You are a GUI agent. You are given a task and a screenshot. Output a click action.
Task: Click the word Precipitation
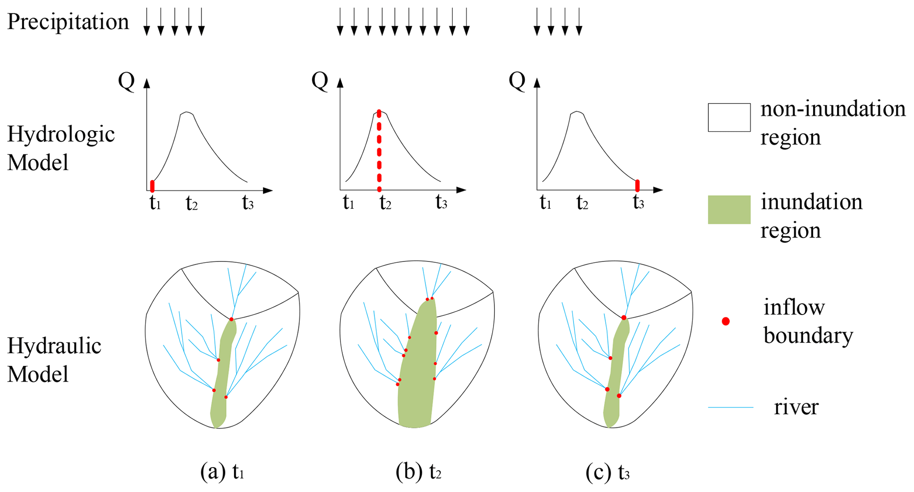[68, 22]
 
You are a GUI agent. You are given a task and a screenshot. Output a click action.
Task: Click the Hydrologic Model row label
[61, 148]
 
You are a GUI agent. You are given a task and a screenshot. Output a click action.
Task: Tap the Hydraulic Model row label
[54, 360]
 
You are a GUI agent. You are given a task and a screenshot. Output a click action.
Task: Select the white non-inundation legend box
[729, 118]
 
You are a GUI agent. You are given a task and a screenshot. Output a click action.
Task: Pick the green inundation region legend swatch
[729, 210]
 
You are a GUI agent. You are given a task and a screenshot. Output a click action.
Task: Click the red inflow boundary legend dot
[726, 322]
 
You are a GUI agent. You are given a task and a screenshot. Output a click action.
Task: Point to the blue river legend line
[730, 407]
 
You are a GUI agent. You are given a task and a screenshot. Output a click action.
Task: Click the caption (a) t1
[222, 472]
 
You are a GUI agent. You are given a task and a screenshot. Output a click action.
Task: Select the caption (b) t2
[418, 472]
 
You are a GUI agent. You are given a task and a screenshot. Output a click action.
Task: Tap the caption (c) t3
[608, 472]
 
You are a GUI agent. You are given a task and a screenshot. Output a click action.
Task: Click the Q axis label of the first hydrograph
[126, 81]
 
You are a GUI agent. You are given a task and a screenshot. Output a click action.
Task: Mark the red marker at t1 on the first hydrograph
[153, 186]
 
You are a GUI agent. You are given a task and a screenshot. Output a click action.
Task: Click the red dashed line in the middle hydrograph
[379, 150]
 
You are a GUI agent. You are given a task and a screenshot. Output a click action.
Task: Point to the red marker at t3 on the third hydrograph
[637, 186]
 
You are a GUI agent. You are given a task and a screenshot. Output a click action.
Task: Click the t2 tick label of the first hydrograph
[191, 204]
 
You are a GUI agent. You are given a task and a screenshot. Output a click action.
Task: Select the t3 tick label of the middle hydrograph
[441, 203]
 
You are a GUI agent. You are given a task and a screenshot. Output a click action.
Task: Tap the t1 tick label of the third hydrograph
[545, 203]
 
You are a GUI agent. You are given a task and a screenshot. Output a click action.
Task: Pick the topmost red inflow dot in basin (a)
[231, 319]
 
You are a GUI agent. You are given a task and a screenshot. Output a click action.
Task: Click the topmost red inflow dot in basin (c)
[623, 318]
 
